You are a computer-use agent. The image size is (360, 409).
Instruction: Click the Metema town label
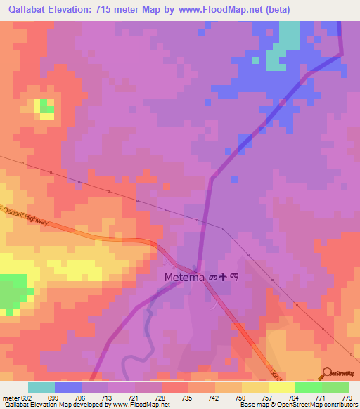click(x=184, y=278)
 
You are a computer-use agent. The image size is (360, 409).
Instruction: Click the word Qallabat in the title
click(x=27, y=10)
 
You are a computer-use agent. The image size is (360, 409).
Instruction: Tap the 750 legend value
click(x=240, y=398)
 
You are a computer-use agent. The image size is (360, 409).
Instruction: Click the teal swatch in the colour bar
click(x=41, y=387)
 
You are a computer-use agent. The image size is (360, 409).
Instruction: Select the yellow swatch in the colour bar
click(x=281, y=387)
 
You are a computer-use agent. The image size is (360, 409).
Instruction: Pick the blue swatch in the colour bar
click(x=68, y=387)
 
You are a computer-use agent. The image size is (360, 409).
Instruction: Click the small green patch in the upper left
click(x=46, y=106)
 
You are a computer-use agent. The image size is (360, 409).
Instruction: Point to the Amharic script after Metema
click(x=224, y=278)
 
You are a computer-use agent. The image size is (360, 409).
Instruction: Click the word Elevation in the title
click(x=77, y=10)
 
